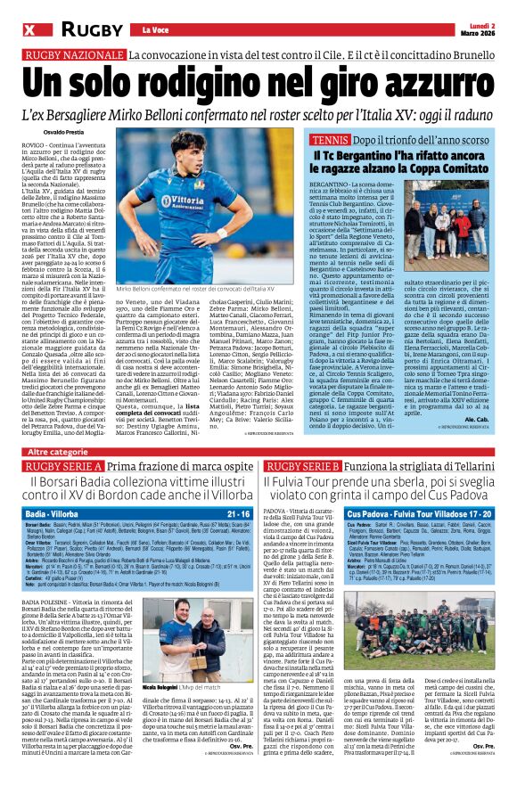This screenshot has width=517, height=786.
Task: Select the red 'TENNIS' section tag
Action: tap(331, 141)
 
